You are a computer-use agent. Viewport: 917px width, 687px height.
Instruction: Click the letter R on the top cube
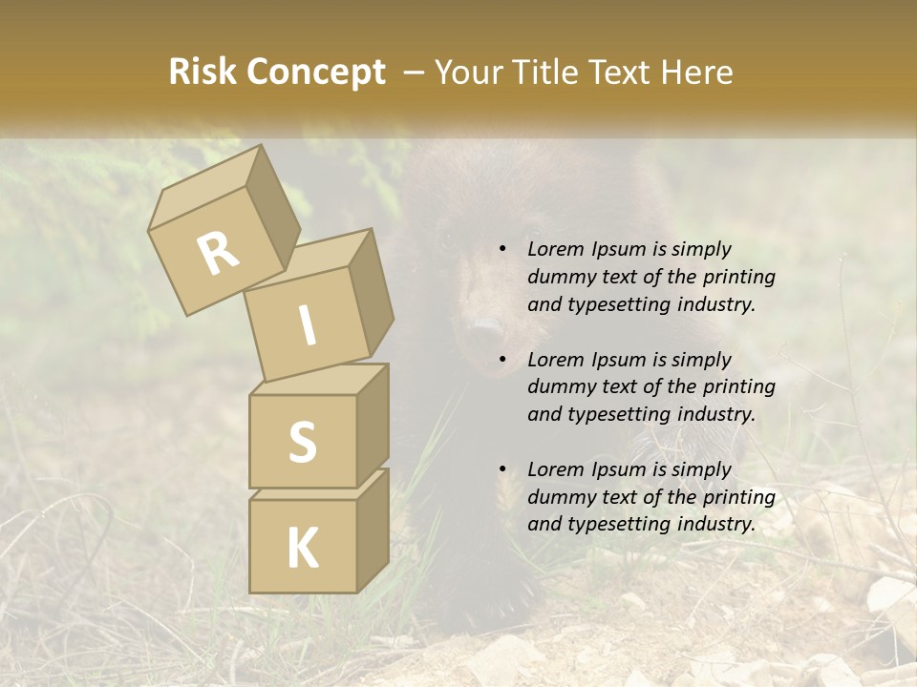[x=219, y=254]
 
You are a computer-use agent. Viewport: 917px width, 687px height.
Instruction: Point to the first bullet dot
[x=502, y=250]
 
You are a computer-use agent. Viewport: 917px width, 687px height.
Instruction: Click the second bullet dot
[x=502, y=361]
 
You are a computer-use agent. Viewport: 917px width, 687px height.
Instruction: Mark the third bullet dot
[x=502, y=470]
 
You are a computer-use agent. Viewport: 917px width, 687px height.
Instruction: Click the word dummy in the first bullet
[x=559, y=278]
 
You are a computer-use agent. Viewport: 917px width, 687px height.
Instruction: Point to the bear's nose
[x=484, y=330]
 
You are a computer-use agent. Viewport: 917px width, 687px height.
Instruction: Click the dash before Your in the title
[x=416, y=73]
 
